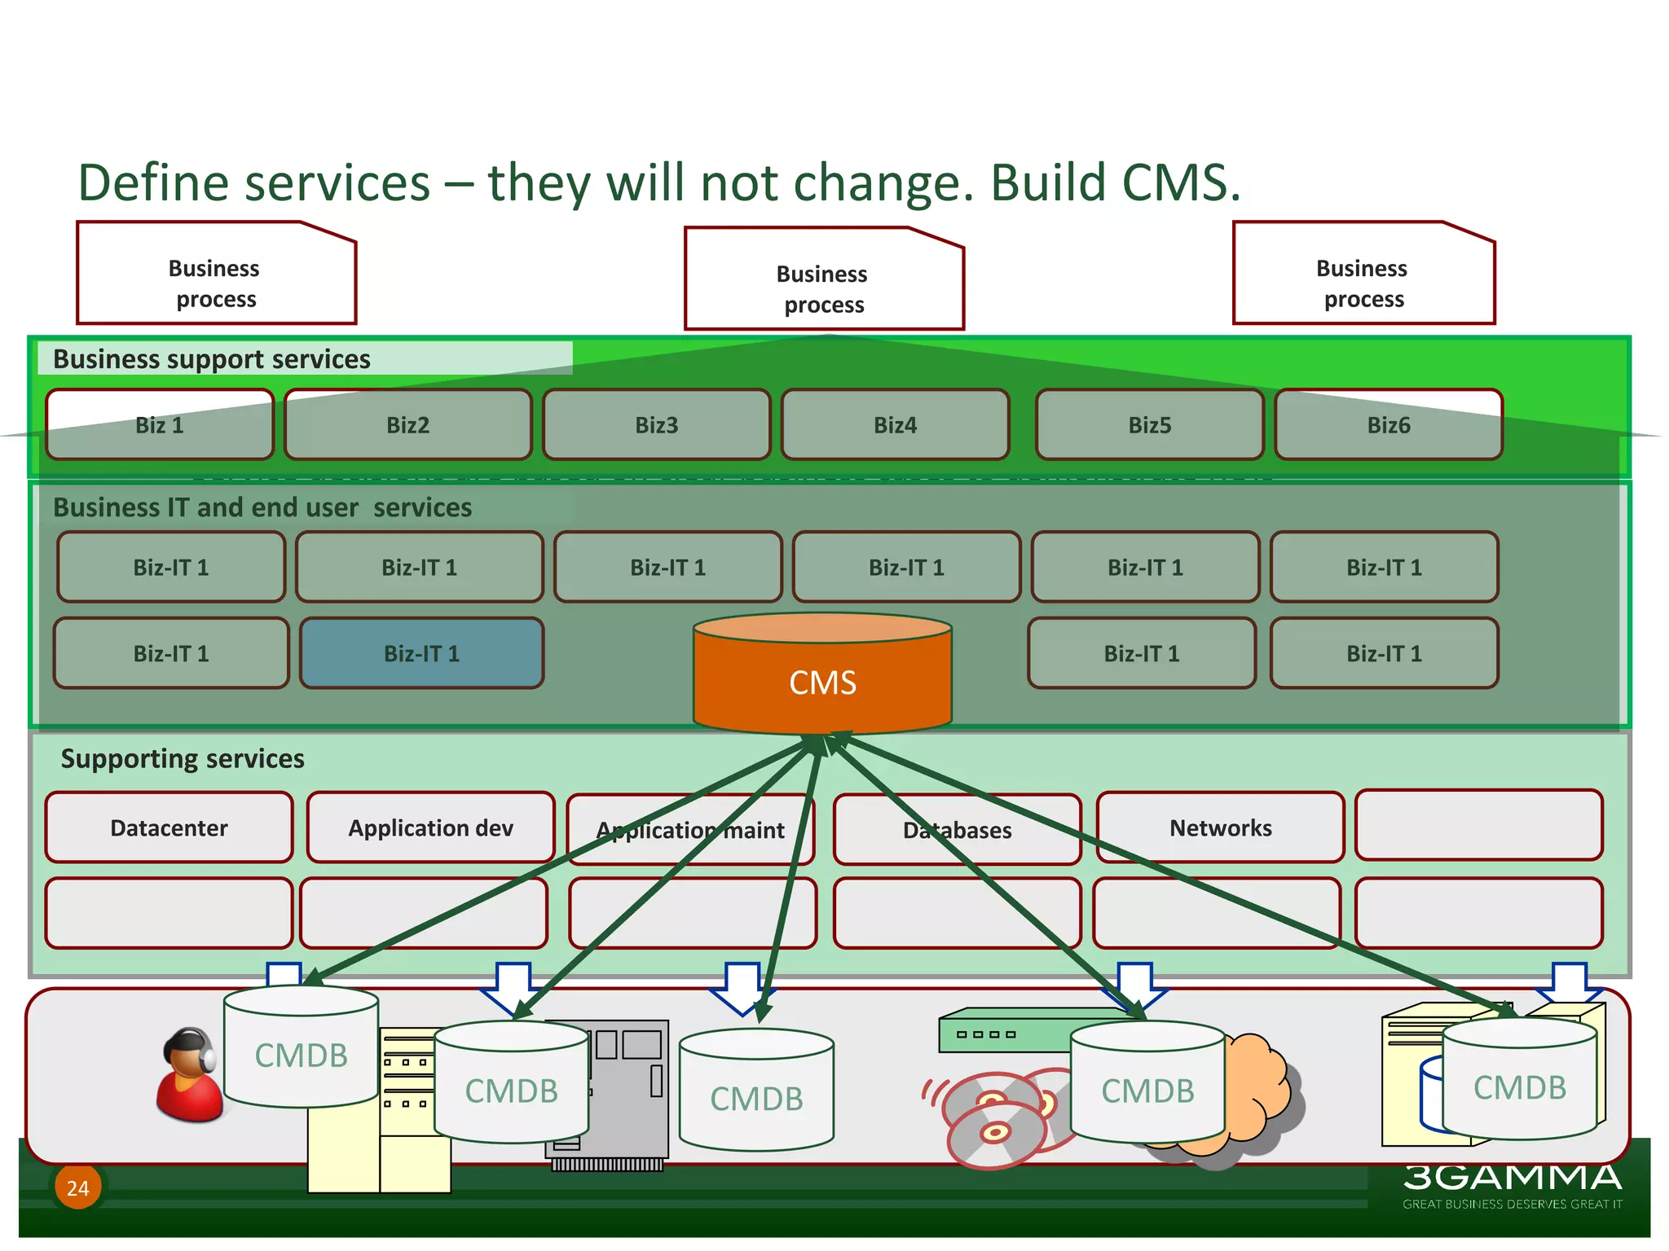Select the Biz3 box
pos(656,425)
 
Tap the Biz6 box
pos(1388,425)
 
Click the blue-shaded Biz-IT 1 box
pos(421,653)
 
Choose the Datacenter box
pos(169,827)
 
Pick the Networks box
pos(1220,827)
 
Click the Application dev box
pos(430,827)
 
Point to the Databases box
pos(957,830)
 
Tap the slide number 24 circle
pos(77,1187)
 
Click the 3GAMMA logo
pos(1512,1179)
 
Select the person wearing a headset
pos(188,1076)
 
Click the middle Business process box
pos(823,288)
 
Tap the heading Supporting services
pos(183,758)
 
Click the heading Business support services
pos(212,359)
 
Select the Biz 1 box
pos(160,425)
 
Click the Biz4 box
pos(895,425)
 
